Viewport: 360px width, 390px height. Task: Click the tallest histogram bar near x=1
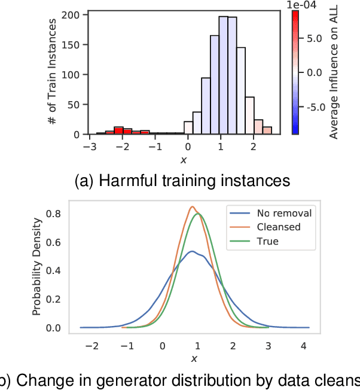pyautogui.click(x=223, y=75)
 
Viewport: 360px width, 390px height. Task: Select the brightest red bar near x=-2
pyautogui.click(x=118, y=130)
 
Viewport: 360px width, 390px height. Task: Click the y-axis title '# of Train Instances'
pyautogui.click(x=53, y=72)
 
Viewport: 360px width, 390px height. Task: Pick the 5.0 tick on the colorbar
pyautogui.click(x=314, y=38)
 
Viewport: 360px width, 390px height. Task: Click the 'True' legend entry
pyautogui.click(x=267, y=242)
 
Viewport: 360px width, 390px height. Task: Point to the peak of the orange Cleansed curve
pyautogui.click(x=192, y=207)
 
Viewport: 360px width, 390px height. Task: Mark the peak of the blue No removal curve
pyautogui.click(x=192, y=251)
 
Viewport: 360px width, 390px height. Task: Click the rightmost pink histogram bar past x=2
pyautogui.click(x=267, y=130)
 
